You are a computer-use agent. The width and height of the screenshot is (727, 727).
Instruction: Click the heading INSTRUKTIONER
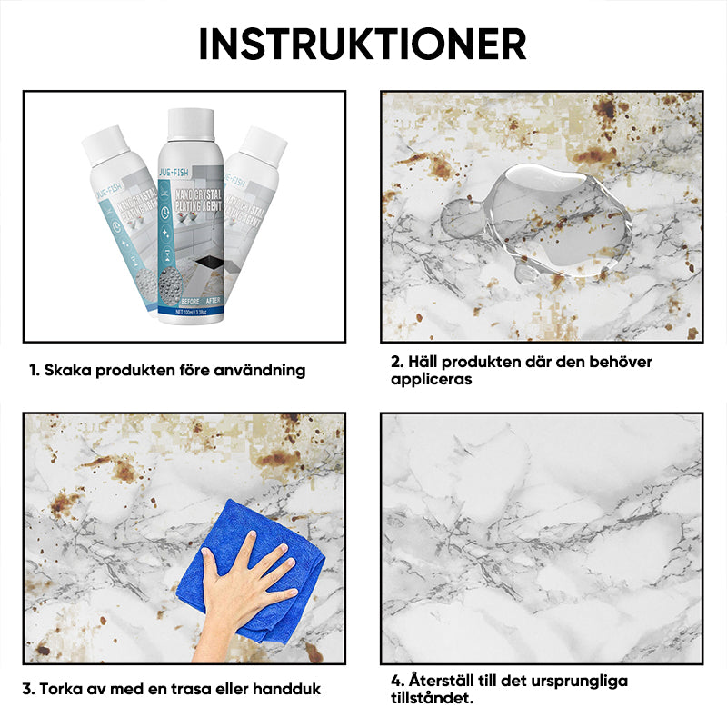[x=363, y=43]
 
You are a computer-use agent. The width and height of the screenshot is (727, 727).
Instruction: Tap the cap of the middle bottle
[x=191, y=125]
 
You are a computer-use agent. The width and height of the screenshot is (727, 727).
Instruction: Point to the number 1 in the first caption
[x=34, y=370]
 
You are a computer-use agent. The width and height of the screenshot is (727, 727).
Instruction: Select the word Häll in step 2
[x=423, y=362]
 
